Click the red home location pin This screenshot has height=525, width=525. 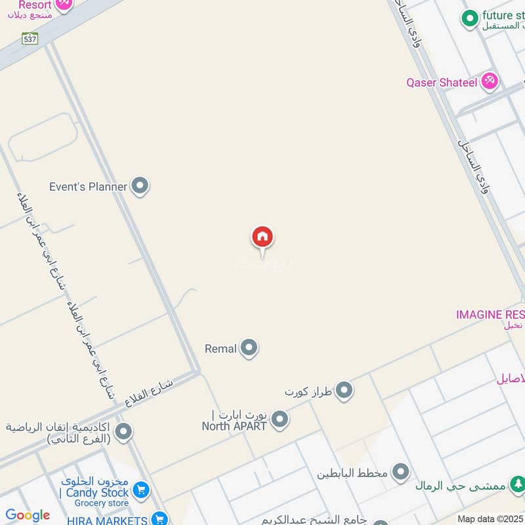262,238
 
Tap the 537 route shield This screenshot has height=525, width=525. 30,38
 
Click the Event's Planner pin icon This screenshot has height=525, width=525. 139,186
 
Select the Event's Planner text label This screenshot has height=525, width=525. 88,187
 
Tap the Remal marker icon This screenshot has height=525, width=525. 249,348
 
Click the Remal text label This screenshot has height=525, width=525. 220,349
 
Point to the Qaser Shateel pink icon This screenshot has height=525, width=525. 489,82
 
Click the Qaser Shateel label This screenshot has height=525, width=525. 442,83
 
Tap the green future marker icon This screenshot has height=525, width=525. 469,18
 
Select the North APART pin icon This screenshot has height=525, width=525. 280,419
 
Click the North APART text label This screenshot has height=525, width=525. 234,426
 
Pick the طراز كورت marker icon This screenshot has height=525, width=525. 344,392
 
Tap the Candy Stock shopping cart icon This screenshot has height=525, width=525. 140,490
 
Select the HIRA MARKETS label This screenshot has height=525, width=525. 106,520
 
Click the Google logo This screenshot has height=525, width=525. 28,515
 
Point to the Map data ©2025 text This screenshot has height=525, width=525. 490,519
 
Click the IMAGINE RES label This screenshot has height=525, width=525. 490,314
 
